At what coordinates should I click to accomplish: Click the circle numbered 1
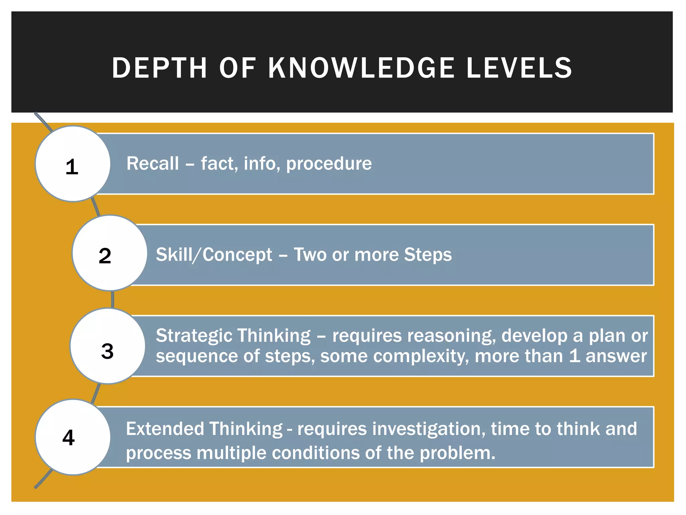tap(73, 164)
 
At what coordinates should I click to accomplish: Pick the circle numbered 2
tap(109, 253)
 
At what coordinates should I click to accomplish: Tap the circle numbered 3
tap(108, 346)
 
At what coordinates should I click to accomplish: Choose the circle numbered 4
tap(73, 437)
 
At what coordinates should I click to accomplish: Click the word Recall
tap(153, 164)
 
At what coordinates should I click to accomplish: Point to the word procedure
tap(329, 164)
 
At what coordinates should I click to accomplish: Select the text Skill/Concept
tap(214, 254)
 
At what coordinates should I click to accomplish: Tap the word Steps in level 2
tap(428, 254)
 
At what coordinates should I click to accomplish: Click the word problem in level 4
tap(457, 453)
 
